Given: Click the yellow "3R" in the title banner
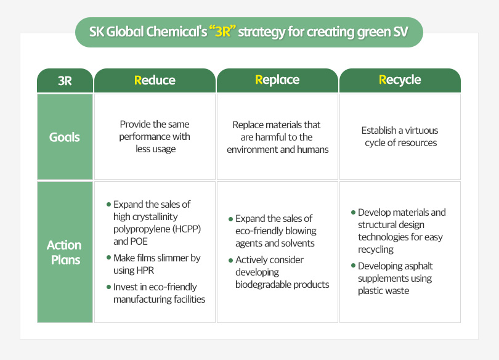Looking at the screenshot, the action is click(x=222, y=32).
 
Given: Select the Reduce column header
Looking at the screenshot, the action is click(x=155, y=80).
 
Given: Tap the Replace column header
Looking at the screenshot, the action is click(x=277, y=80).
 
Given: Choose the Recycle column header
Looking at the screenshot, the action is click(x=400, y=80).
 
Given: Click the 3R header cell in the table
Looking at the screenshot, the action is click(x=65, y=81).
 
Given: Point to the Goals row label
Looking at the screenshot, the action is click(x=65, y=137).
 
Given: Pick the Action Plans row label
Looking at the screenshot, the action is click(x=65, y=252).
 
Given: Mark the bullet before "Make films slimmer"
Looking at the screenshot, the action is click(x=109, y=257).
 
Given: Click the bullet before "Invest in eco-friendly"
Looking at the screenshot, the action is click(x=109, y=287).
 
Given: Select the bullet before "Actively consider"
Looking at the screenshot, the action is click(x=231, y=260).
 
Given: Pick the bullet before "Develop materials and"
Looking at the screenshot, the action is click(x=353, y=212).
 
